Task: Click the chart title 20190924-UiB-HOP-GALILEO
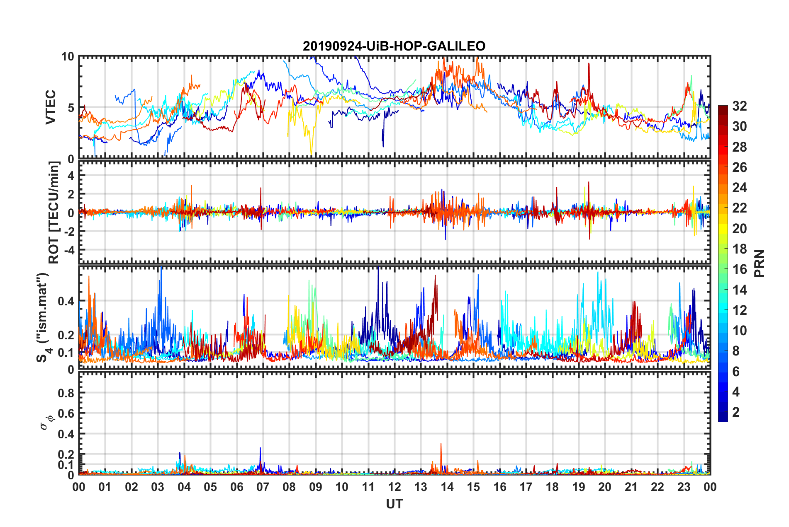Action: coord(394,46)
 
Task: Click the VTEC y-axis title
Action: coord(51,108)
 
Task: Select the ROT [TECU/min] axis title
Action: coord(54,213)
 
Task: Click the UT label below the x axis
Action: coord(394,504)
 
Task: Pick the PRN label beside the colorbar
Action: coord(759,263)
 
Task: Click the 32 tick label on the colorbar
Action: coord(739,106)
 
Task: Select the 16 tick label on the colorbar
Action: coord(739,269)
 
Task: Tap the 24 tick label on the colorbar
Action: coord(739,188)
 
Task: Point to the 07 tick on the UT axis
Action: coord(263,487)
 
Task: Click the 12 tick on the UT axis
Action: coord(394,487)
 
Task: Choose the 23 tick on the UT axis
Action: coord(684,487)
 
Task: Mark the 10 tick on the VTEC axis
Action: coord(68,57)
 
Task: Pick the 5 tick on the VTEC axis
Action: coord(71,108)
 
